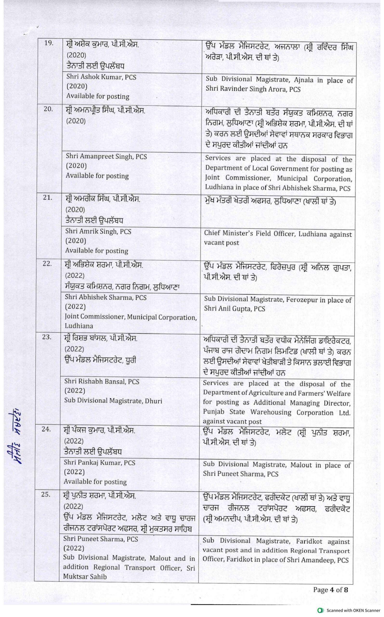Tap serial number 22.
coord(47,264)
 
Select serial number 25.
coord(46,495)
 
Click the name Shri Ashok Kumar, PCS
coord(101,77)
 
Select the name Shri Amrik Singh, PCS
coord(98,231)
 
